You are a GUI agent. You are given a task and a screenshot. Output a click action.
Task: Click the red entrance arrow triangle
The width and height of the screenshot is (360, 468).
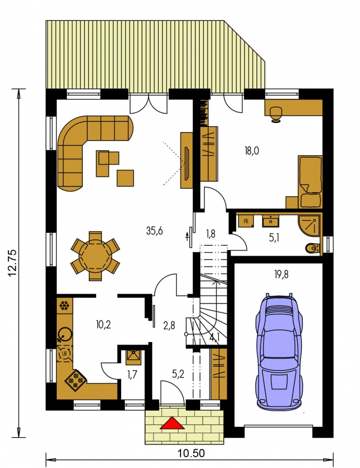coord(172,423)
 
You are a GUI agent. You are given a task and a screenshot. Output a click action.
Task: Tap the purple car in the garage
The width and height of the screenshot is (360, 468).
coord(279,352)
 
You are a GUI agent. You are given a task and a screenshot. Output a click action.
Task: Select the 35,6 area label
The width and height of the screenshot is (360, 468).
coord(155,231)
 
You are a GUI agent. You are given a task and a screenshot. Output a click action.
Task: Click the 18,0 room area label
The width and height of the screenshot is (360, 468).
coord(251,151)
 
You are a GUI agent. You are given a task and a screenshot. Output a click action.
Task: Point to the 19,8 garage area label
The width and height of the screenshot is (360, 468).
coord(281,274)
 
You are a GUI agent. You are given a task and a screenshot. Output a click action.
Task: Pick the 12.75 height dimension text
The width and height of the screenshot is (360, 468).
coord(14,263)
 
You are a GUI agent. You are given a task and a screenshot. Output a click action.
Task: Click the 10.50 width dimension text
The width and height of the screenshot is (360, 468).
coord(191,453)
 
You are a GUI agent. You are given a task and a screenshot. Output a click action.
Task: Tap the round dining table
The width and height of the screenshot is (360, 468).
coord(95,256)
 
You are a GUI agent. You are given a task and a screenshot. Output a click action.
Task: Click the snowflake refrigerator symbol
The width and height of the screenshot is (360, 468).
coord(64,306)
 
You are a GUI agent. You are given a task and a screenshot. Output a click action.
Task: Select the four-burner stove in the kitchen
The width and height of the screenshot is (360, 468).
coord(76,380)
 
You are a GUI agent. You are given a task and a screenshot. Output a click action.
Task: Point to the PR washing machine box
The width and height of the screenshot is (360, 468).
coord(246,221)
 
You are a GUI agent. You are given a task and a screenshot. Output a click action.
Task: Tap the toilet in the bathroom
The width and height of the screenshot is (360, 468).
coord(313,248)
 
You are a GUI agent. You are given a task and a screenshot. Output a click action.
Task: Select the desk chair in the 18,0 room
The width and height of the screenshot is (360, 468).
coord(276,114)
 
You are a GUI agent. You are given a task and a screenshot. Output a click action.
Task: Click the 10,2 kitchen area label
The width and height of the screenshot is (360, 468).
coord(104,324)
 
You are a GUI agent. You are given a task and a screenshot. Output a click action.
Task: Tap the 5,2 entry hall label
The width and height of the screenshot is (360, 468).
coord(178,374)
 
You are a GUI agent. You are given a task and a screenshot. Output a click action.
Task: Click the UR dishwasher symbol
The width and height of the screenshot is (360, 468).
coord(65,353)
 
